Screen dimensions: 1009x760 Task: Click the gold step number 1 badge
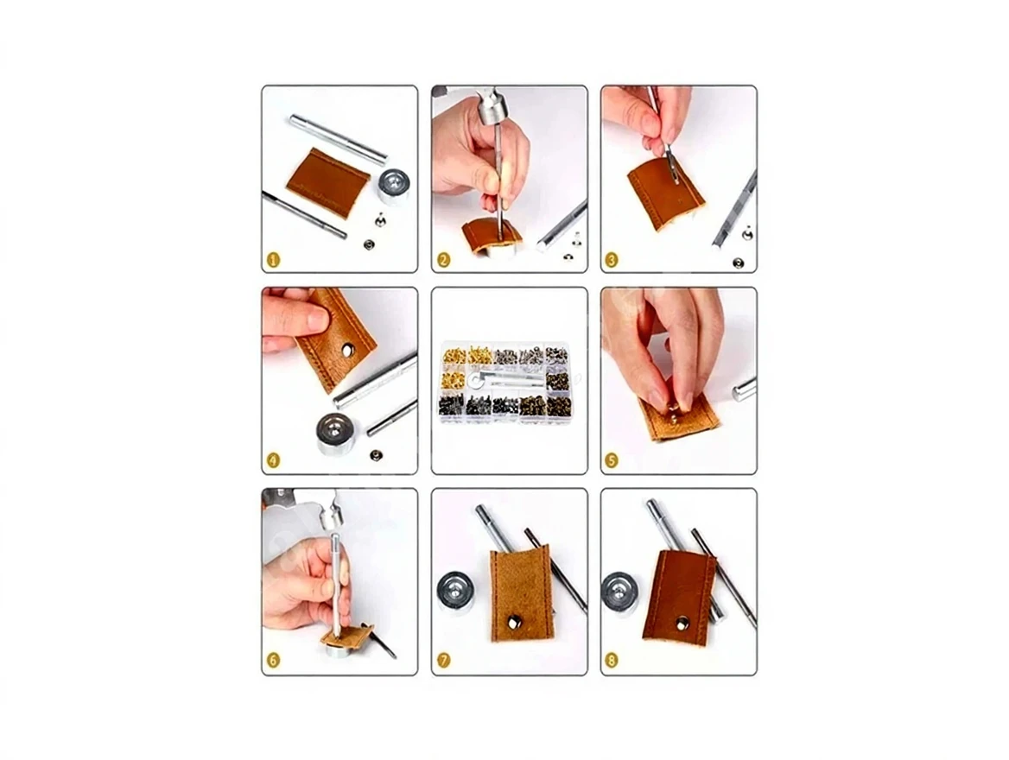click(x=274, y=260)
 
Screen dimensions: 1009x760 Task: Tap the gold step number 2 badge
click(x=443, y=260)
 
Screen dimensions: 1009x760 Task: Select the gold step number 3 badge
click(x=612, y=260)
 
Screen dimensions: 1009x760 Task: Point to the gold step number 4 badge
click(x=274, y=461)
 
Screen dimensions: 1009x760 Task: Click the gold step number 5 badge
click(x=612, y=461)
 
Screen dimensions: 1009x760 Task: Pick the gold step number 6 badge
click(x=274, y=661)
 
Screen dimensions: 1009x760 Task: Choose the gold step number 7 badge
click(x=443, y=661)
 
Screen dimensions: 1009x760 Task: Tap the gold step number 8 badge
click(x=612, y=661)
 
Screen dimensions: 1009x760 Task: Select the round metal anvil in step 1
click(x=394, y=186)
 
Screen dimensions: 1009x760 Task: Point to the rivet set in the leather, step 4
click(x=349, y=350)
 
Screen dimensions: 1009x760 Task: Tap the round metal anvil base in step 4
click(x=340, y=433)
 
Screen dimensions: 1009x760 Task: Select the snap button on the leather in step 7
click(x=514, y=622)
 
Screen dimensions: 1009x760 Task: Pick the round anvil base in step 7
click(x=455, y=592)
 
